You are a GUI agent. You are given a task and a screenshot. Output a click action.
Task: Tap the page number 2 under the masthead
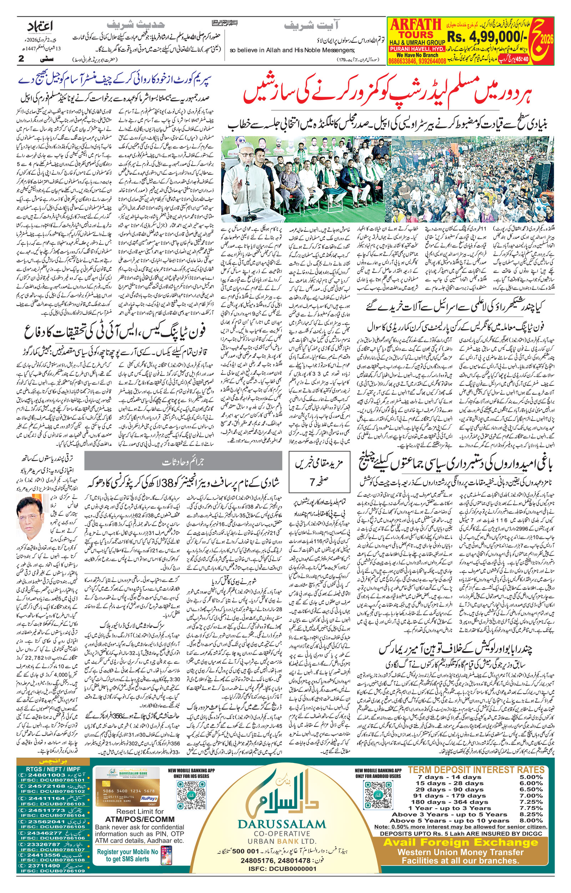[21, 59]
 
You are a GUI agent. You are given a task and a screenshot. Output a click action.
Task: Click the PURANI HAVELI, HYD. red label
[416, 49]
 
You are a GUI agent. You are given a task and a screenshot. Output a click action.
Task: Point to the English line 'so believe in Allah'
[292, 50]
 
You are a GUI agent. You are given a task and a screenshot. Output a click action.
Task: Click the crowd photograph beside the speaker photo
[473, 179]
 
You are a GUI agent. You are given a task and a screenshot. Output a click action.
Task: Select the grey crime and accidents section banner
[183, 462]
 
